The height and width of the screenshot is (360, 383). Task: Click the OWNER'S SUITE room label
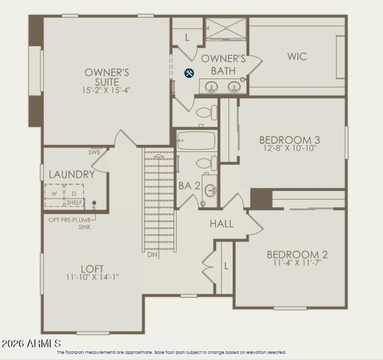tap(107, 77)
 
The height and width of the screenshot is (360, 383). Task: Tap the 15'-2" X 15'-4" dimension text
tap(107, 89)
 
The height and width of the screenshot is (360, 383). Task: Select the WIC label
tap(297, 57)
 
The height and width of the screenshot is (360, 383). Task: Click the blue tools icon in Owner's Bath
tap(189, 73)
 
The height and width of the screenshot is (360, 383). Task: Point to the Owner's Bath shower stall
tap(226, 28)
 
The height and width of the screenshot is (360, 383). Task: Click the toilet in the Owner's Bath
tap(206, 112)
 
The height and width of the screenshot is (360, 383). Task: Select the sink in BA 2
tap(210, 191)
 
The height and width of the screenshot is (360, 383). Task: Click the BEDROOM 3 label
tap(289, 140)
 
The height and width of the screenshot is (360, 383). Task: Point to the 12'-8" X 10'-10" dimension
tap(289, 148)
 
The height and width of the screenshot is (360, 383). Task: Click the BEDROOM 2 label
tap(297, 255)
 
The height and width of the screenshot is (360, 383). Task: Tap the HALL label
tap(222, 224)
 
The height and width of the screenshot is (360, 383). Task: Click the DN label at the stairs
tap(152, 255)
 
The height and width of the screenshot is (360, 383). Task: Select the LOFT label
tap(92, 269)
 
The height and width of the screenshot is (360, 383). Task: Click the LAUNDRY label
tap(71, 174)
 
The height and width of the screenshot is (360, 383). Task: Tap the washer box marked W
tap(54, 194)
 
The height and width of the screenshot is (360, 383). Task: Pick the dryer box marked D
tap(74, 194)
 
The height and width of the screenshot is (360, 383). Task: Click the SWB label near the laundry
tap(94, 152)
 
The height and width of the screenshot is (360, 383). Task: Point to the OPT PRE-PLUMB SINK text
tap(70, 223)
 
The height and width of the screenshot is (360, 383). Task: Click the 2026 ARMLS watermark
tap(32, 344)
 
